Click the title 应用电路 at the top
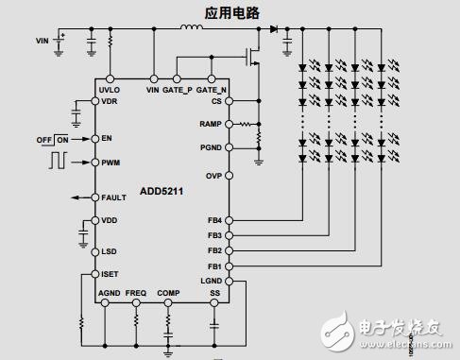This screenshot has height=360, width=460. pos(233,13)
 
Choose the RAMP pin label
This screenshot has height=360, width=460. pos(211,124)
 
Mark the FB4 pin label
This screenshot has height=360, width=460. pos(214,221)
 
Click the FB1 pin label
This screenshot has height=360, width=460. pos(214,266)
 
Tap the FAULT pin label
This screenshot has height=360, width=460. pos(114,197)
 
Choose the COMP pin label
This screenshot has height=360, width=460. pos(168,293)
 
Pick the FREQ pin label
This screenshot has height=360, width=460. pos(136,293)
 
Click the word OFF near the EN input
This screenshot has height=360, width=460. pos(43,139)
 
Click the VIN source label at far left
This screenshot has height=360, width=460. pos(42,42)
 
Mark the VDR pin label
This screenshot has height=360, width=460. pos(110,100)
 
